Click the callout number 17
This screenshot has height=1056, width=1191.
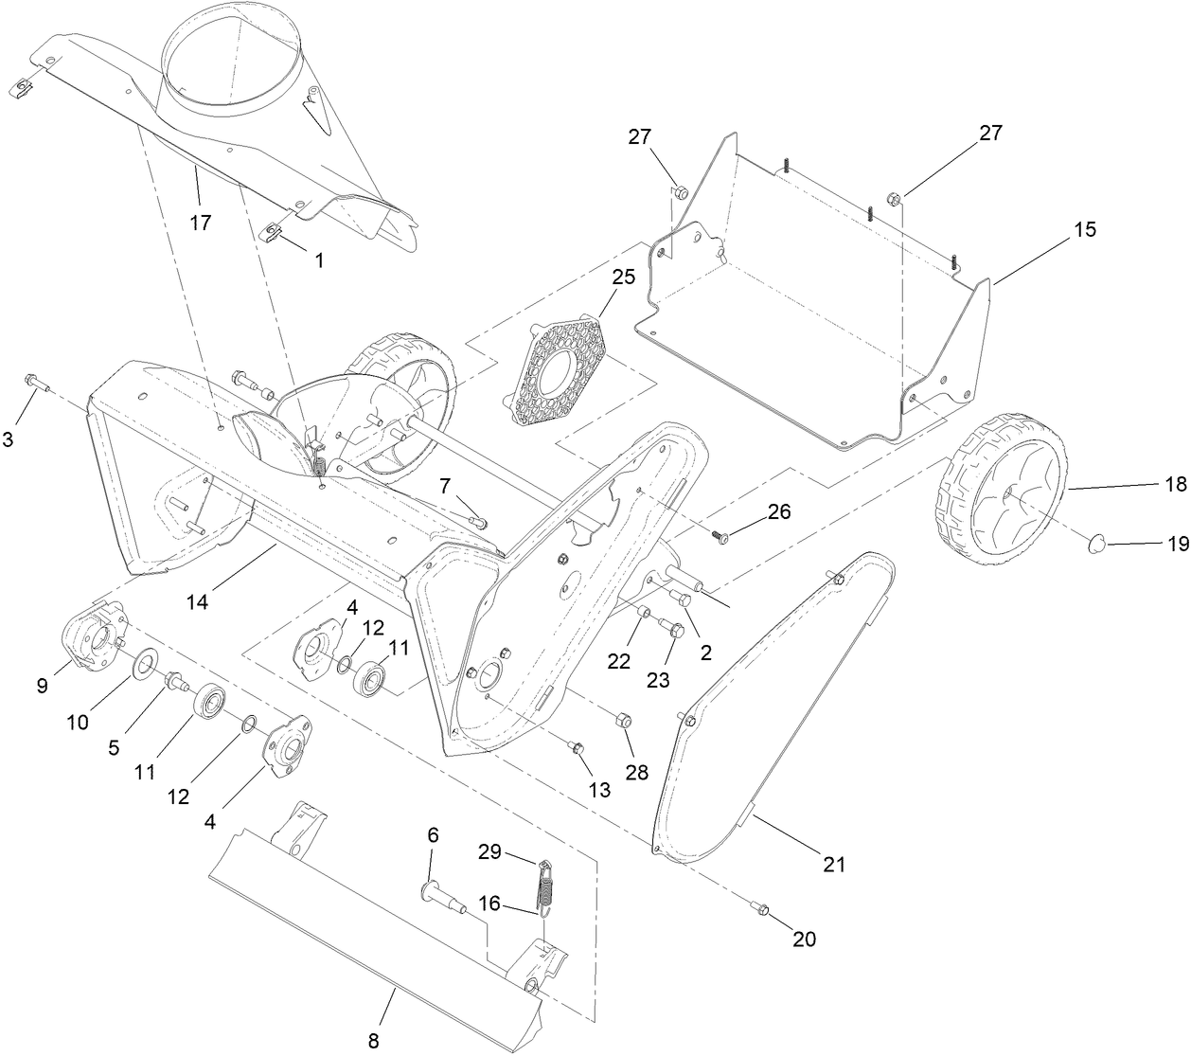[200, 223]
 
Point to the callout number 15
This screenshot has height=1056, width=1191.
[1085, 229]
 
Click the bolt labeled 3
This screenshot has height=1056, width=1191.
[35, 382]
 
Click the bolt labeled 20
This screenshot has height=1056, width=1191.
[764, 909]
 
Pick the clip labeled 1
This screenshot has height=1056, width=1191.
[275, 230]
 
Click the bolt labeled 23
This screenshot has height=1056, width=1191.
[674, 627]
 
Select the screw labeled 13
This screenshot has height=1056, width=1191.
[576, 748]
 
